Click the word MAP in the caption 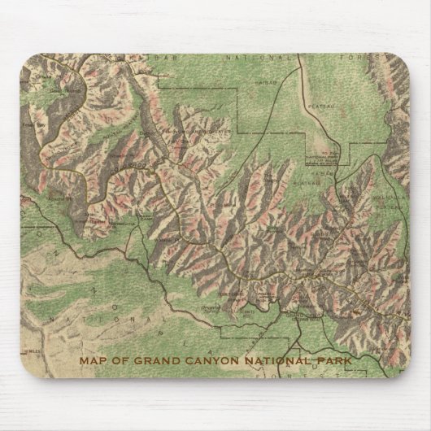tap(91, 361)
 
